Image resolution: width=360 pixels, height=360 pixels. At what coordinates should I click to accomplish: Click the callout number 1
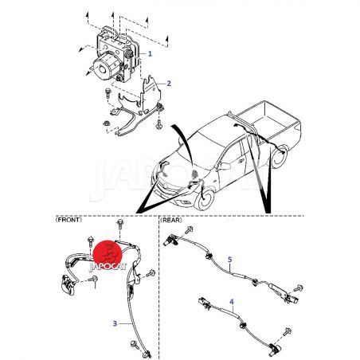coord(150,53)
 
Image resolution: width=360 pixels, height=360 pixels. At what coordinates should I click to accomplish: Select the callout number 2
coord(169,84)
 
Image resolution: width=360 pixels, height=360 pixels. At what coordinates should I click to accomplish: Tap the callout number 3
coord(115,323)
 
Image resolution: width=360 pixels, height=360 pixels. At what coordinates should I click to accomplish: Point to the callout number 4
coord(232,302)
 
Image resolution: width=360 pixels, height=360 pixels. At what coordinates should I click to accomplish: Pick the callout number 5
coord(230,260)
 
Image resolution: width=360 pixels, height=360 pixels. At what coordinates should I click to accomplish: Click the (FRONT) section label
coord(68,220)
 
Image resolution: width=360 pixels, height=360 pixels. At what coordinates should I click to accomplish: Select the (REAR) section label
coord(171,220)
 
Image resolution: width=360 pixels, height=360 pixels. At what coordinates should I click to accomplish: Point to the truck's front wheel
coord(204,199)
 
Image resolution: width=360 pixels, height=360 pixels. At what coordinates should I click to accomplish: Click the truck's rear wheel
coord(279,158)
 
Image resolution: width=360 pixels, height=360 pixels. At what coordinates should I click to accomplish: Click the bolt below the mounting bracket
coord(158,124)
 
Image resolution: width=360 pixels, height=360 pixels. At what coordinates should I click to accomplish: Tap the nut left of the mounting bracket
coord(107,123)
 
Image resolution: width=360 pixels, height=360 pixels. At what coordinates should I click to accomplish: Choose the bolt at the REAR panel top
coord(190,230)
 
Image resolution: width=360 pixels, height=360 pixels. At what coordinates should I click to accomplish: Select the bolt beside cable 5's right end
coord(299,288)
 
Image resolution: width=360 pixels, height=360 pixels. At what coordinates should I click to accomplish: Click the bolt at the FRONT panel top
coord(120,225)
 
